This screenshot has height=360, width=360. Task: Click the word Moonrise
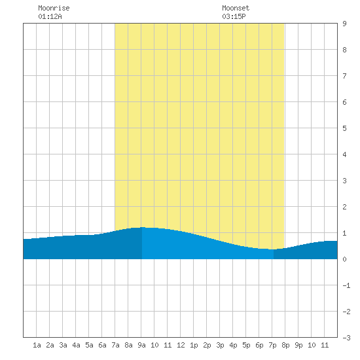(x=54, y=8)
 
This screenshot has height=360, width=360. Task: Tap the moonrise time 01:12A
(x=50, y=16)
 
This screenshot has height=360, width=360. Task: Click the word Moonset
(x=236, y=8)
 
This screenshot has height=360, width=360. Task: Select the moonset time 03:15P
(x=234, y=16)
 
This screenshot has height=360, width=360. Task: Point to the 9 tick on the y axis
(x=344, y=24)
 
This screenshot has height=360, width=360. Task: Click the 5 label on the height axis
(x=344, y=128)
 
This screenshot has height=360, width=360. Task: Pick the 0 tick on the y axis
(x=344, y=259)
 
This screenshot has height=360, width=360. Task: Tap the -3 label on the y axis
(x=346, y=338)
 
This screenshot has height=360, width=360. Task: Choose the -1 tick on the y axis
(x=346, y=285)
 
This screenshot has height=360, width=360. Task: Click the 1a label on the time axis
(x=37, y=345)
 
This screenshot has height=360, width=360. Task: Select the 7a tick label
(x=115, y=345)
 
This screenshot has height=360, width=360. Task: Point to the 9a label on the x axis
(x=141, y=345)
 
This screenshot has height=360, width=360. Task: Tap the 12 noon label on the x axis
(x=181, y=345)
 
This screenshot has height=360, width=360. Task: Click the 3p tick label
(x=220, y=345)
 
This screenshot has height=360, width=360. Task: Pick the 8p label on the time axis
(x=285, y=345)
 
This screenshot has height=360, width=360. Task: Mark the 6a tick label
(x=102, y=345)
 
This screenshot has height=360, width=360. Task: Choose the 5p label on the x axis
(x=246, y=345)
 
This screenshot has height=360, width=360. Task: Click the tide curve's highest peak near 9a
(x=142, y=227)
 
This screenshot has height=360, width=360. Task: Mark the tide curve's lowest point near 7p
(x=272, y=249)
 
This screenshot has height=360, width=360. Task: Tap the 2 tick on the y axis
(x=344, y=207)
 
